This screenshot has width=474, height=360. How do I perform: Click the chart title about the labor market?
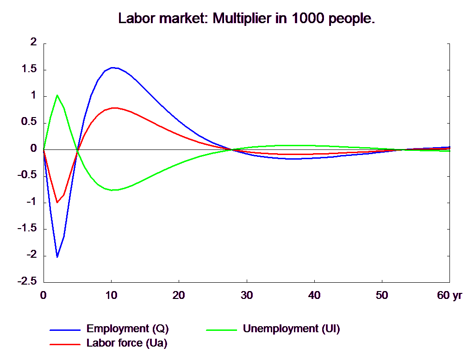(246, 19)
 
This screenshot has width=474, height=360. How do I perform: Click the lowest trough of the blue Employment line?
(57, 257)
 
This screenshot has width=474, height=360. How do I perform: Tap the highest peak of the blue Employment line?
(112, 68)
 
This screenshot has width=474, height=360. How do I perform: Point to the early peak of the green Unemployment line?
(57, 95)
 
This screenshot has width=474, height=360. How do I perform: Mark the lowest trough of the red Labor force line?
(57, 202)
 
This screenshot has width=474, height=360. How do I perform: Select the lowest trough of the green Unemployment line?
(112, 190)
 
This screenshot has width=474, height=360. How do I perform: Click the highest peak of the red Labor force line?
(115, 108)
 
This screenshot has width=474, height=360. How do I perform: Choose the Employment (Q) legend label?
(128, 329)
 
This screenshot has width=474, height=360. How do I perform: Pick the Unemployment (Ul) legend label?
(292, 329)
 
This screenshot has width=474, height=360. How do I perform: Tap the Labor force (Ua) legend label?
(127, 343)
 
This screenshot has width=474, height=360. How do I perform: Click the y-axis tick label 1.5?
(29, 69)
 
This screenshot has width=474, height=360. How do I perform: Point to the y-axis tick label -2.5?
(27, 281)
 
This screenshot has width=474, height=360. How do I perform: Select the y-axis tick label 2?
(33, 42)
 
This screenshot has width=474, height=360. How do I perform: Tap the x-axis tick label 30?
(247, 295)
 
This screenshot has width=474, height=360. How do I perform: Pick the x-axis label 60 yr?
(449, 295)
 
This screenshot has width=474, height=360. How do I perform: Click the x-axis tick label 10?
(111, 295)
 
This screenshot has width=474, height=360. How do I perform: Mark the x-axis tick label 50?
(382, 295)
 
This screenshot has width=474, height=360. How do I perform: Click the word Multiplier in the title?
(242, 19)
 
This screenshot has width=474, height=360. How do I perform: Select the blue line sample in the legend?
(65, 330)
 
